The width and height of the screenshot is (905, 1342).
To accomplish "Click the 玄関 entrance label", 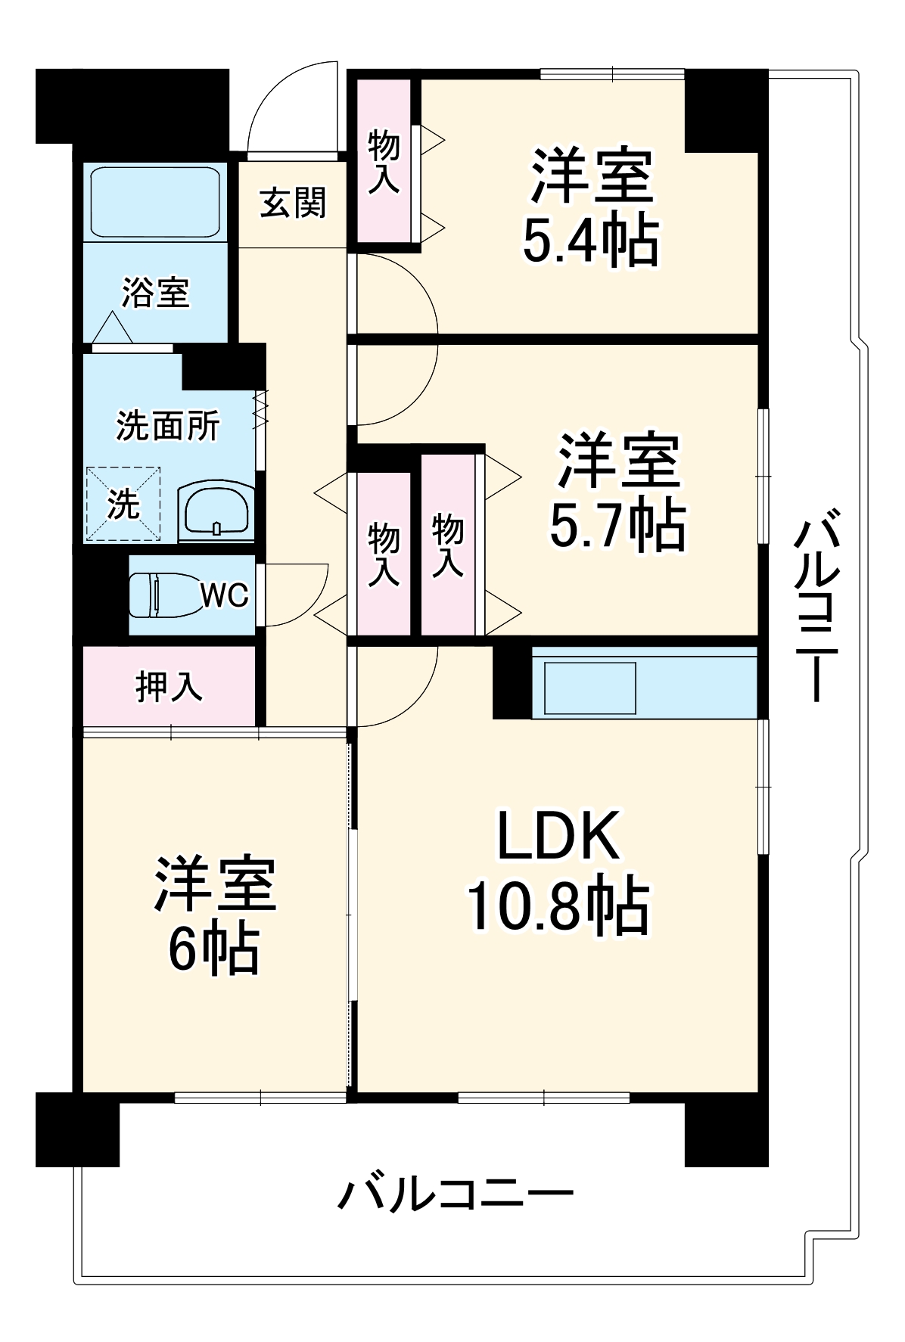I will coord(292,203).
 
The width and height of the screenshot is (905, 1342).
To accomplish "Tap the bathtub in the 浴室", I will coord(155,202).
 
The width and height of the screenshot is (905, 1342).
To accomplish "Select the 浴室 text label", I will coord(155,293).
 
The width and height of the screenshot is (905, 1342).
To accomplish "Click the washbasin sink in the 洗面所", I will coord(216,511).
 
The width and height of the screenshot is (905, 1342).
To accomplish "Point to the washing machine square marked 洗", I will coord(123,504).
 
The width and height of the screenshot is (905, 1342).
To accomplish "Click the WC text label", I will coord(225,596).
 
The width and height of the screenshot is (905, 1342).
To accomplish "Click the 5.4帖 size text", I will coord(591,242).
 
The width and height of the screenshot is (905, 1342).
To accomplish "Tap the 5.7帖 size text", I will coord(617,524).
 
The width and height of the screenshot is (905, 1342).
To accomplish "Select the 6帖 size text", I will coord(213,949).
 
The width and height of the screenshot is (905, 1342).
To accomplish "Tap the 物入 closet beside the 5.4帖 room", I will coord(384,161).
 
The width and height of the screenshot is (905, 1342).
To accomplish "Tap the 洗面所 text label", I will coord(168,427).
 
